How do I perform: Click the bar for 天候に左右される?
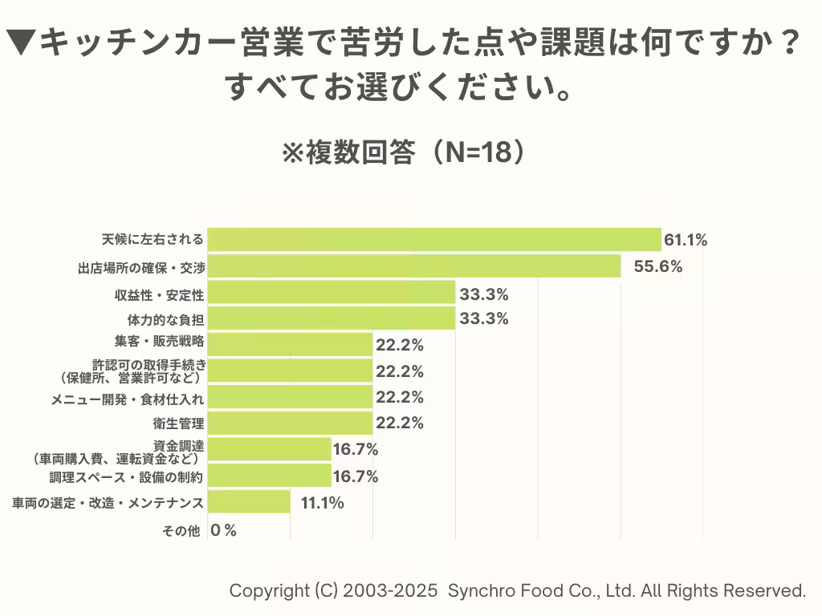click(x=433, y=239)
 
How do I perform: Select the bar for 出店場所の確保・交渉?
click(x=413, y=265)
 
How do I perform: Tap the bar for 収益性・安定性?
click(x=331, y=292)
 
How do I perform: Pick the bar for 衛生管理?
click(x=290, y=423)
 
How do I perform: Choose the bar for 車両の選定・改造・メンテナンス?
click(x=249, y=502)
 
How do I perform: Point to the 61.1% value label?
click(x=686, y=239)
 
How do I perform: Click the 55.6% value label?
click(x=658, y=266)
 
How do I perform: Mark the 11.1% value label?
click(x=323, y=503)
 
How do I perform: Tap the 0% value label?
click(x=223, y=529)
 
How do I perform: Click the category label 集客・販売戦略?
click(x=159, y=342)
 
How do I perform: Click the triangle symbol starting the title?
click(x=22, y=43)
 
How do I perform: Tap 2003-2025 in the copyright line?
click(x=390, y=591)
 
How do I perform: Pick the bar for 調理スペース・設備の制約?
click(x=269, y=476)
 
